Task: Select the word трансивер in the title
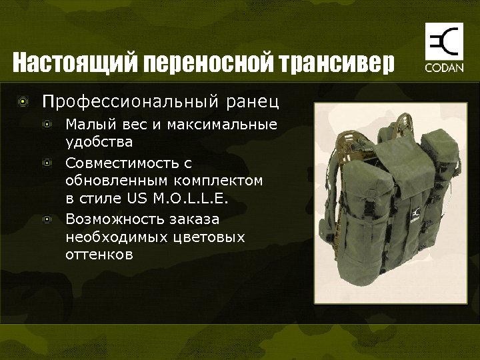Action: [339, 64]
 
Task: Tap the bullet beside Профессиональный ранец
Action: [25, 102]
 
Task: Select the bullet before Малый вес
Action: [47, 125]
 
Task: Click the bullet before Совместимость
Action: [47, 162]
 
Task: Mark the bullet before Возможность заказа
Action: [47, 219]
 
